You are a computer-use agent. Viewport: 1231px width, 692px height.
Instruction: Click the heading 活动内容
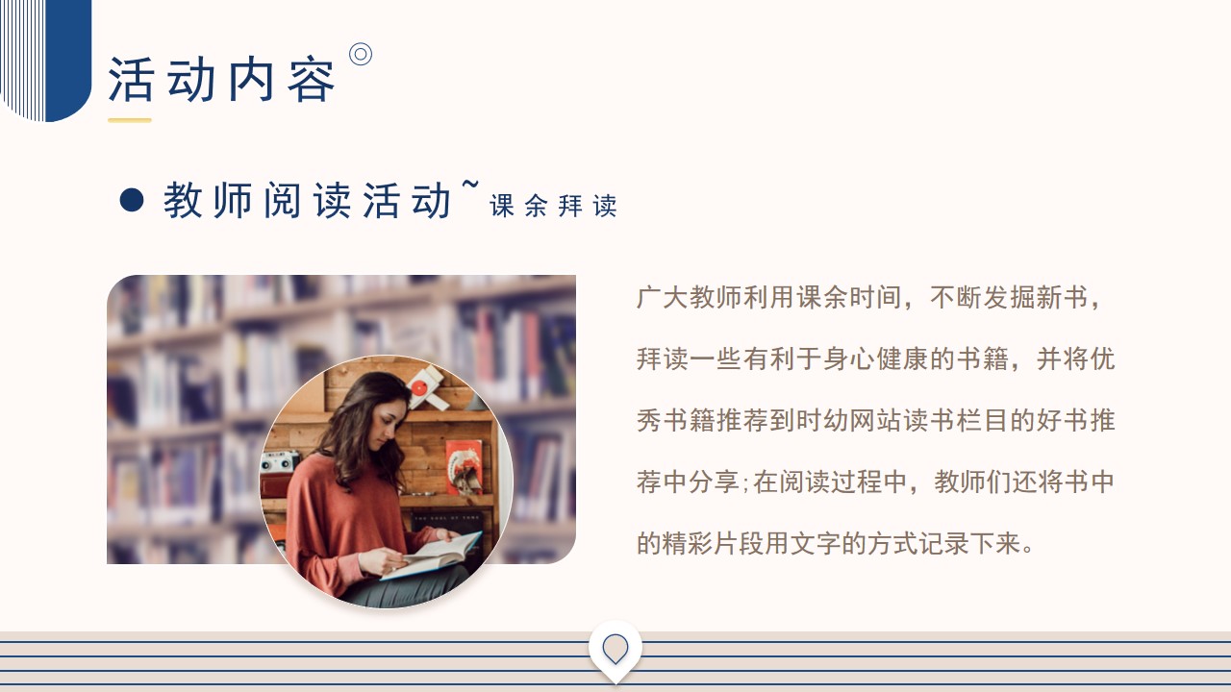point(221,80)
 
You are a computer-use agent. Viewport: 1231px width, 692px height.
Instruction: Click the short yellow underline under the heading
point(130,120)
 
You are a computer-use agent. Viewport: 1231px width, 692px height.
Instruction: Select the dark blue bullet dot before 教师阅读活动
point(132,200)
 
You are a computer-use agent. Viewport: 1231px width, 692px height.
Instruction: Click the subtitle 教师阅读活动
point(307,201)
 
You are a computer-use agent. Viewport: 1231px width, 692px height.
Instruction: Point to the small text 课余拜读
point(553,206)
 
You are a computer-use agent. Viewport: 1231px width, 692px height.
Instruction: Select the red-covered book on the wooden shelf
point(465,467)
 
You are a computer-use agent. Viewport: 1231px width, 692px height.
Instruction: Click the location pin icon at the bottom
point(615,649)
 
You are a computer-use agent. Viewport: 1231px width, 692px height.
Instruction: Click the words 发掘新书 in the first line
point(1036,298)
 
